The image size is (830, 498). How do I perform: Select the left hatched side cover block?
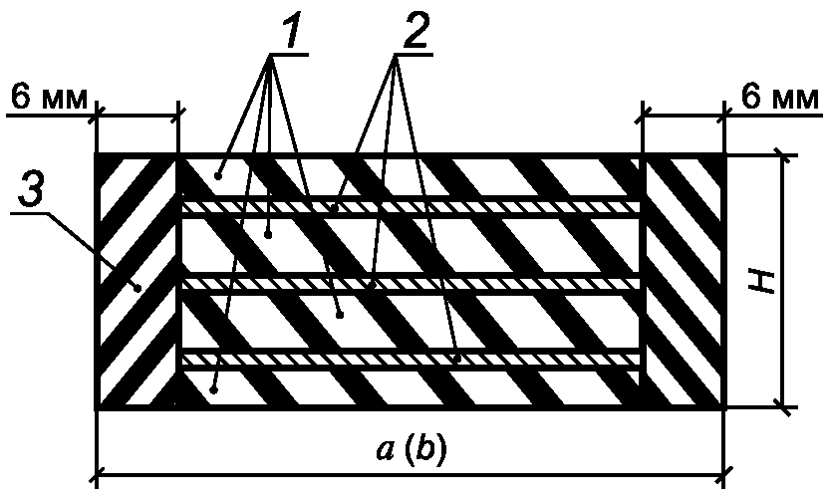click(137, 281)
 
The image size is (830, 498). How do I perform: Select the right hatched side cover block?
click(685, 281)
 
